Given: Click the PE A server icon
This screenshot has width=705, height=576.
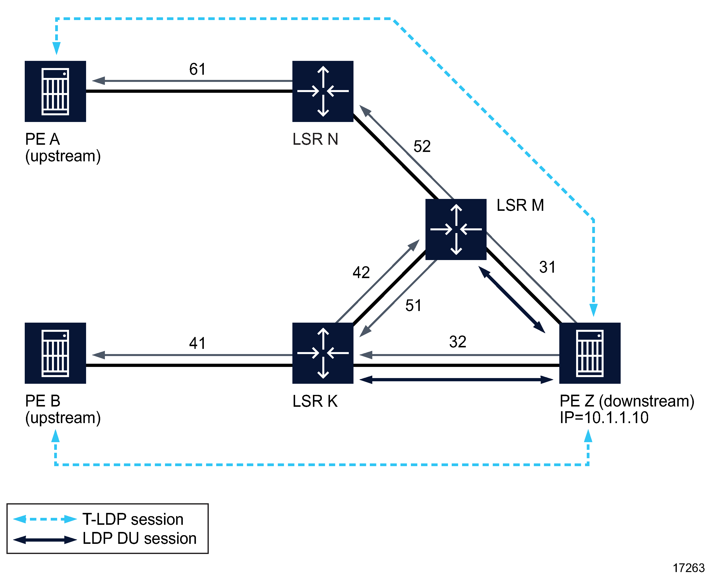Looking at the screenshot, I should (x=55, y=91).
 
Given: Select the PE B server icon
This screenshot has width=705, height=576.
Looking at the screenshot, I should (x=55, y=353).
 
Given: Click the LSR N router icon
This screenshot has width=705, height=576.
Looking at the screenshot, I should (x=323, y=91).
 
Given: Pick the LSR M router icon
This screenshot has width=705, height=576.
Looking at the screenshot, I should (x=456, y=229).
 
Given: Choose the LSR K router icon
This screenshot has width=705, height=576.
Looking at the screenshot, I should (x=323, y=353).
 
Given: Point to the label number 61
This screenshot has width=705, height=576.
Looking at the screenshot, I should (x=197, y=69).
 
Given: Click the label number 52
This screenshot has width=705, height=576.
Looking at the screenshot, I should (x=422, y=146).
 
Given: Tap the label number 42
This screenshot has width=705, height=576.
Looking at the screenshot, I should (x=361, y=272).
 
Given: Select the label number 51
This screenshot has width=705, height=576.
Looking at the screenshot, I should (x=413, y=305).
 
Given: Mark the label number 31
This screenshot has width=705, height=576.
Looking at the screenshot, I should (x=547, y=267).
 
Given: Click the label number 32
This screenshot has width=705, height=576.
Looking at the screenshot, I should (x=457, y=342).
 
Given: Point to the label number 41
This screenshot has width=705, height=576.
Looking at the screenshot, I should (x=197, y=343).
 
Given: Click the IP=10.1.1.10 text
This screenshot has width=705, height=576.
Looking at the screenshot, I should (x=604, y=418).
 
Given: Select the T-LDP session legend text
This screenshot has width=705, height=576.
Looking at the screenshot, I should (x=133, y=519).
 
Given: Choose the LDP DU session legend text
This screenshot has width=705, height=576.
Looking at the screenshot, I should (x=139, y=538).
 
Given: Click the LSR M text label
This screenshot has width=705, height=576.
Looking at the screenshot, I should (x=520, y=205).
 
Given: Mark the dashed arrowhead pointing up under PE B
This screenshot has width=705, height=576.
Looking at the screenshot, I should (x=55, y=436).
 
